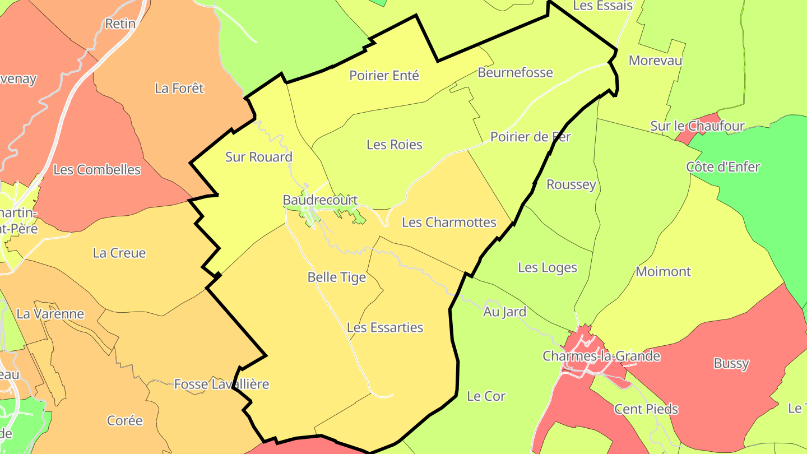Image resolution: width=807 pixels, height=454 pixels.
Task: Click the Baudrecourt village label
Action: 320,200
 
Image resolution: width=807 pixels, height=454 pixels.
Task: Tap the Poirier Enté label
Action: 384,75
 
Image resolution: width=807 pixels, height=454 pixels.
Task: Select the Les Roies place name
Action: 394,145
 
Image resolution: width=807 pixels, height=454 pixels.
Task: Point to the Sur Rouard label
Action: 258,157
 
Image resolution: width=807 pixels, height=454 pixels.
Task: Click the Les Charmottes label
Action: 449,223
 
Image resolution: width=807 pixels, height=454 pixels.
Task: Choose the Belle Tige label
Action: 336,277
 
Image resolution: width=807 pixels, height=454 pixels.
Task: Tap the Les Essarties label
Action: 385,327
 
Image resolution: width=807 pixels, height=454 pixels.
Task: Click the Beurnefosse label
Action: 515,72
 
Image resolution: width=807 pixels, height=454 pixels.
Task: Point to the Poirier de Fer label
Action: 530,137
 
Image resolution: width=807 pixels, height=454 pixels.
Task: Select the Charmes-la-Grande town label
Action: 601,356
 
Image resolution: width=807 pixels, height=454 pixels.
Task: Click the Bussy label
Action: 731,363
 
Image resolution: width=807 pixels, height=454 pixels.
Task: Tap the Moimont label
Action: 663,272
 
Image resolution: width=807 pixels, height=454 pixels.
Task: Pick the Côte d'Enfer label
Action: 723,167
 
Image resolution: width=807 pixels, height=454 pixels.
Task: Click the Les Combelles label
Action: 97,170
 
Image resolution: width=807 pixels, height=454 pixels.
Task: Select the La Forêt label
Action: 179,88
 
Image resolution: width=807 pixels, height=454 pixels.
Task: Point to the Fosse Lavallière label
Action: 221,384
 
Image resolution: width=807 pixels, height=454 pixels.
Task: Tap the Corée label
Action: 124,420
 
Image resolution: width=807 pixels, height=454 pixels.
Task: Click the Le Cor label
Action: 486,396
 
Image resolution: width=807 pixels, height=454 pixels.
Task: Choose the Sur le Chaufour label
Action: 697,126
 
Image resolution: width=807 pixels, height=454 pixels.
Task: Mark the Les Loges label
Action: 547,268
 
